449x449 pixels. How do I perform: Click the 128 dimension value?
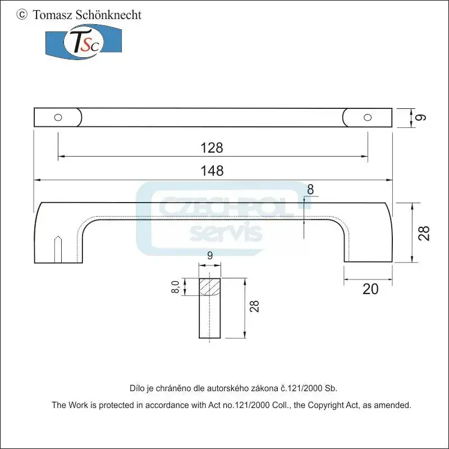(212, 148)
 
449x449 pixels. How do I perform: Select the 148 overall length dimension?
(212, 171)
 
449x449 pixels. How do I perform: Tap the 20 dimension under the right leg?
(370, 289)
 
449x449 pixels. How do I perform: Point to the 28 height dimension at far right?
(425, 232)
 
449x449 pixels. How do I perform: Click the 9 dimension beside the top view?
(422, 117)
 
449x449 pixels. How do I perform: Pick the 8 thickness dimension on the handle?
(311, 189)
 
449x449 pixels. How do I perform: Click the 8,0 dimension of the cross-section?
(176, 287)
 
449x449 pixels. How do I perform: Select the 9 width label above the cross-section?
(210, 256)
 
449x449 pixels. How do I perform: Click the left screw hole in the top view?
(58, 117)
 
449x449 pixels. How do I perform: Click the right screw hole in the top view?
(368, 117)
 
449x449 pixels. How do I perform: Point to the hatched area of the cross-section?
(210, 287)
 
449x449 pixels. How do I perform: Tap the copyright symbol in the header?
(22, 15)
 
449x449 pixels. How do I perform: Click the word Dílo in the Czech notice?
(138, 388)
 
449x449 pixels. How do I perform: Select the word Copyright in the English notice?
(331, 404)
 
